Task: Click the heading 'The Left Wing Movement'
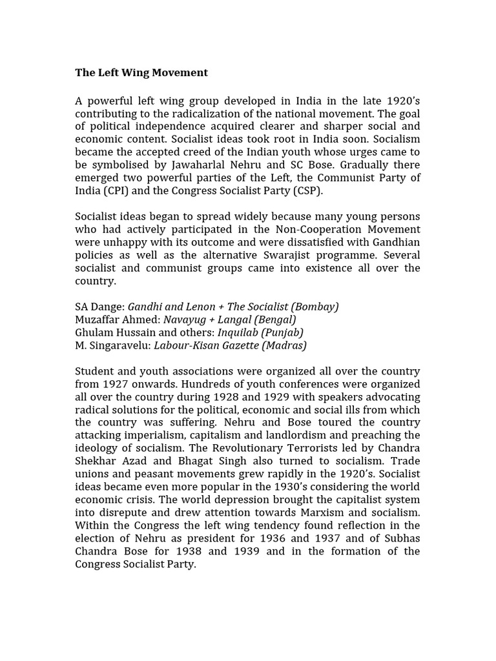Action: pos(141,73)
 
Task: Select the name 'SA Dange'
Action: pos(98,307)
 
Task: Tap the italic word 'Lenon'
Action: pos(198,307)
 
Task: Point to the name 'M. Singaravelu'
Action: pos(112,345)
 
